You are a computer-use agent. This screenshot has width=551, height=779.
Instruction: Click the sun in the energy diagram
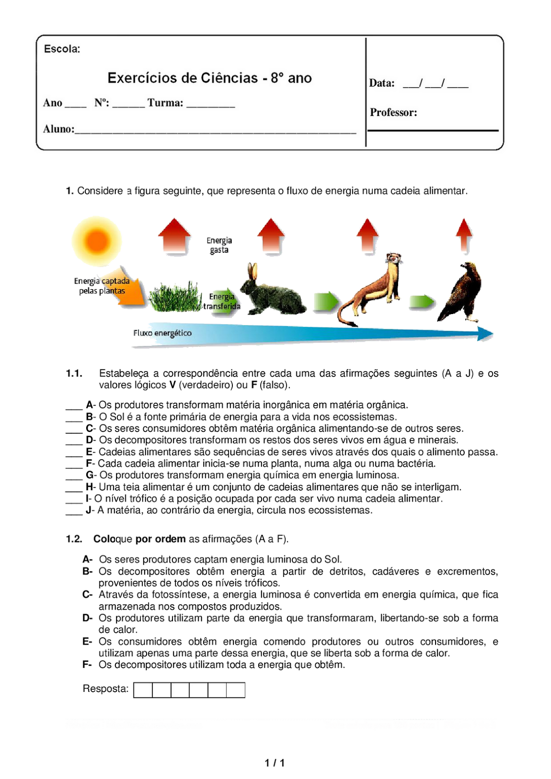[x=97, y=241]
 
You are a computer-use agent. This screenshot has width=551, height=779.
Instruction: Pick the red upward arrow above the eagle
[x=464, y=235]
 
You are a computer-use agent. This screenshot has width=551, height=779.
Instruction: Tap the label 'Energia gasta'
[x=219, y=245]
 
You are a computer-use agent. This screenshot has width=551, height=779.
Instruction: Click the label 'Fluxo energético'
[x=162, y=333]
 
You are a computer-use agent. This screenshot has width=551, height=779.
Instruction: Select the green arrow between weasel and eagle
[x=422, y=302]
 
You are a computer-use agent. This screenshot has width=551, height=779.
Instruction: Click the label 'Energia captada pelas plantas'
[x=102, y=286]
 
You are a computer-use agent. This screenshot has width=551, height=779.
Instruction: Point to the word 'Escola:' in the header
[x=62, y=49]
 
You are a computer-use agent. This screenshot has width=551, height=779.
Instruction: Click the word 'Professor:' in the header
[x=393, y=112]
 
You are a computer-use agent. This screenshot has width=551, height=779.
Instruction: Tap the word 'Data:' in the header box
[x=381, y=83]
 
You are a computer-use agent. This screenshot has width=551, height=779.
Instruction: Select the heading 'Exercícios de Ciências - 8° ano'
[x=209, y=78]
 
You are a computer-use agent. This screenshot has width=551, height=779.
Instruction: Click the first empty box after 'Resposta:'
[x=143, y=690]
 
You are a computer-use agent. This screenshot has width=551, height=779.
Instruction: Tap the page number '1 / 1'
[x=275, y=763]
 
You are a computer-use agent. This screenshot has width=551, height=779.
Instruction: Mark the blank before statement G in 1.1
[x=74, y=476]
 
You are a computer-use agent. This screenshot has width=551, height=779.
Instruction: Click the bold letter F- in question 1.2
[x=87, y=665]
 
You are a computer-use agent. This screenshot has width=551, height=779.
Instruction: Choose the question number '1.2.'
[x=74, y=539]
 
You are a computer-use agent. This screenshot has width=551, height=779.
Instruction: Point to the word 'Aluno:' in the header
[x=58, y=129]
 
